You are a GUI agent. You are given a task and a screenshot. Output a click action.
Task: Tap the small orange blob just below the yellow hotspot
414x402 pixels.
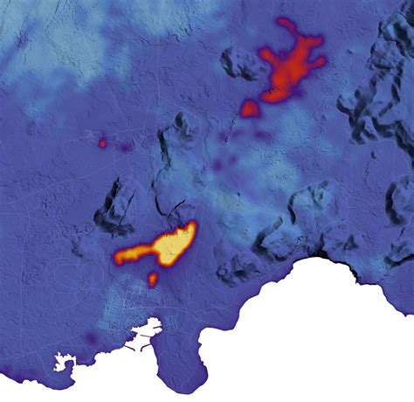click(153, 280)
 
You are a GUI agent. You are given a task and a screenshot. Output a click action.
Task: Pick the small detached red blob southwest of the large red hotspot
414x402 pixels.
click(250, 108)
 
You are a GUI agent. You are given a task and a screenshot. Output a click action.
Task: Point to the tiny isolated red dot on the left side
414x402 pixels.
click(102, 142)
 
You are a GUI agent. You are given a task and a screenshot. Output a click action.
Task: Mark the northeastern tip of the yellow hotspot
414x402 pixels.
click(190, 227)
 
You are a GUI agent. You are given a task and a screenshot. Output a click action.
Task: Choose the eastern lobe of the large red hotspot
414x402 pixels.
click(315, 62)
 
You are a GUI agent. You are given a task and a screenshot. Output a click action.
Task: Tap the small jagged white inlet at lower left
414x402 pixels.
click(63, 360)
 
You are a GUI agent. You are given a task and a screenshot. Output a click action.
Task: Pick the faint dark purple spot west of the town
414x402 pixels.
click(91, 337)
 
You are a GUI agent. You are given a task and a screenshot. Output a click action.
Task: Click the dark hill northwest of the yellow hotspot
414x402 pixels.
click(117, 205)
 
